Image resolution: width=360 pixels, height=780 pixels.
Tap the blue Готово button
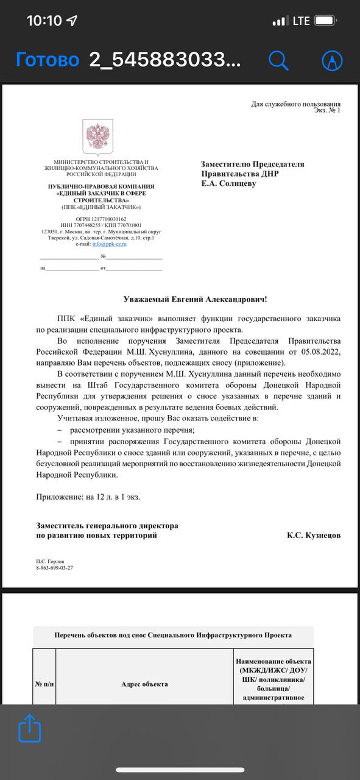tap(48, 60)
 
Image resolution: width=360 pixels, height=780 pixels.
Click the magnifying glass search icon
tap(278, 60)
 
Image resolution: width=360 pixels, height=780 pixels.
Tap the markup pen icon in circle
tap(332, 60)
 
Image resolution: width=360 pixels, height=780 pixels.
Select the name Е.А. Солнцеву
tap(229, 183)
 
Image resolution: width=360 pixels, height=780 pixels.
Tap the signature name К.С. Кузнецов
tap(313, 536)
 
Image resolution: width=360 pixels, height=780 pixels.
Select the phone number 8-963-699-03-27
tap(55, 568)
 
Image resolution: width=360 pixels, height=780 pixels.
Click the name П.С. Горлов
tap(50, 561)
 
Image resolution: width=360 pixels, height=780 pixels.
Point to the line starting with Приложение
tap(88, 497)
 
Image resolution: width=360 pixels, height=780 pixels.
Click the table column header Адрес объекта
tap(145, 684)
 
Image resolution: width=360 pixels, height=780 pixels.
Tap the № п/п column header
tap(44, 684)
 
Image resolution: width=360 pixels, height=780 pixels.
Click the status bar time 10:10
tap(44, 21)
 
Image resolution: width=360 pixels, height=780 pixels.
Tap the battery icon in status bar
tap(325, 21)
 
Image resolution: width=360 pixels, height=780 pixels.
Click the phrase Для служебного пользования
tap(296, 104)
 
